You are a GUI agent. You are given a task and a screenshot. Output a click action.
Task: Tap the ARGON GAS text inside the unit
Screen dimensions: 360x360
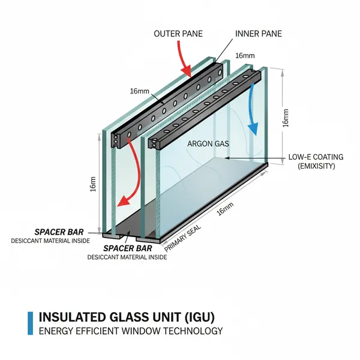pos(205,144)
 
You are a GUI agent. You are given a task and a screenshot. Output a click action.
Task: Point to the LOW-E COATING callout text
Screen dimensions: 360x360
pos(316,157)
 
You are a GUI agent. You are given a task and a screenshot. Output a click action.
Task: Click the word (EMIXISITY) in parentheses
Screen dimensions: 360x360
pos(316,166)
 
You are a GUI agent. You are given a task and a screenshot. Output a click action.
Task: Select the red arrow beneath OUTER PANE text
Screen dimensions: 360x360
pos(183,63)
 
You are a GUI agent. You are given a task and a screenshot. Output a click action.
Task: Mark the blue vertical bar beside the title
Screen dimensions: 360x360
pos(30,323)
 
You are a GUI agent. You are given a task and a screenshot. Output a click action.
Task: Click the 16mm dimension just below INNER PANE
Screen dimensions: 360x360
pos(244,55)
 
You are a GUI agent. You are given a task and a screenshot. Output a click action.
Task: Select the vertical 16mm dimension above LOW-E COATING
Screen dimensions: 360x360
pos(286,118)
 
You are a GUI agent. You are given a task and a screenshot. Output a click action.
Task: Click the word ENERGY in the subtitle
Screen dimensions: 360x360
pos(56,331)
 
